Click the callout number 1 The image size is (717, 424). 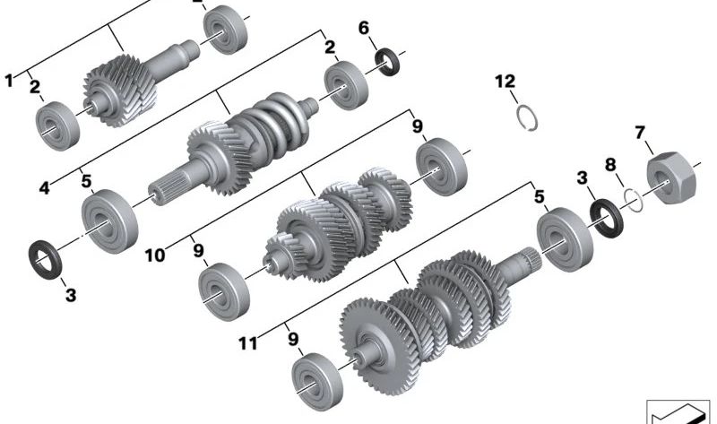(9, 81)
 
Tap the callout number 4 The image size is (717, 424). (44, 187)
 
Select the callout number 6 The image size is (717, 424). (364, 28)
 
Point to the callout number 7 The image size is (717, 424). (640, 133)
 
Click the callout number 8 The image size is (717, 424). (611, 164)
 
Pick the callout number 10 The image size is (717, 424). (155, 255)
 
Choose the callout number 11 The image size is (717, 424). (248, 343)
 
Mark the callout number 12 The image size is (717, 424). (505, 82)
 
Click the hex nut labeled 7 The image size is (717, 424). (671, 178)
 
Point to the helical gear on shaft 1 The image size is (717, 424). (120, 91)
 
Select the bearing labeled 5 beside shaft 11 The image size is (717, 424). (565, 239)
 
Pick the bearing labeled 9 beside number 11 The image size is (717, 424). (317, 382)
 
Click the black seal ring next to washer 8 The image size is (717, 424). (607, 219)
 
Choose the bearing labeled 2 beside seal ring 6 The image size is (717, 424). (346, 85)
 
